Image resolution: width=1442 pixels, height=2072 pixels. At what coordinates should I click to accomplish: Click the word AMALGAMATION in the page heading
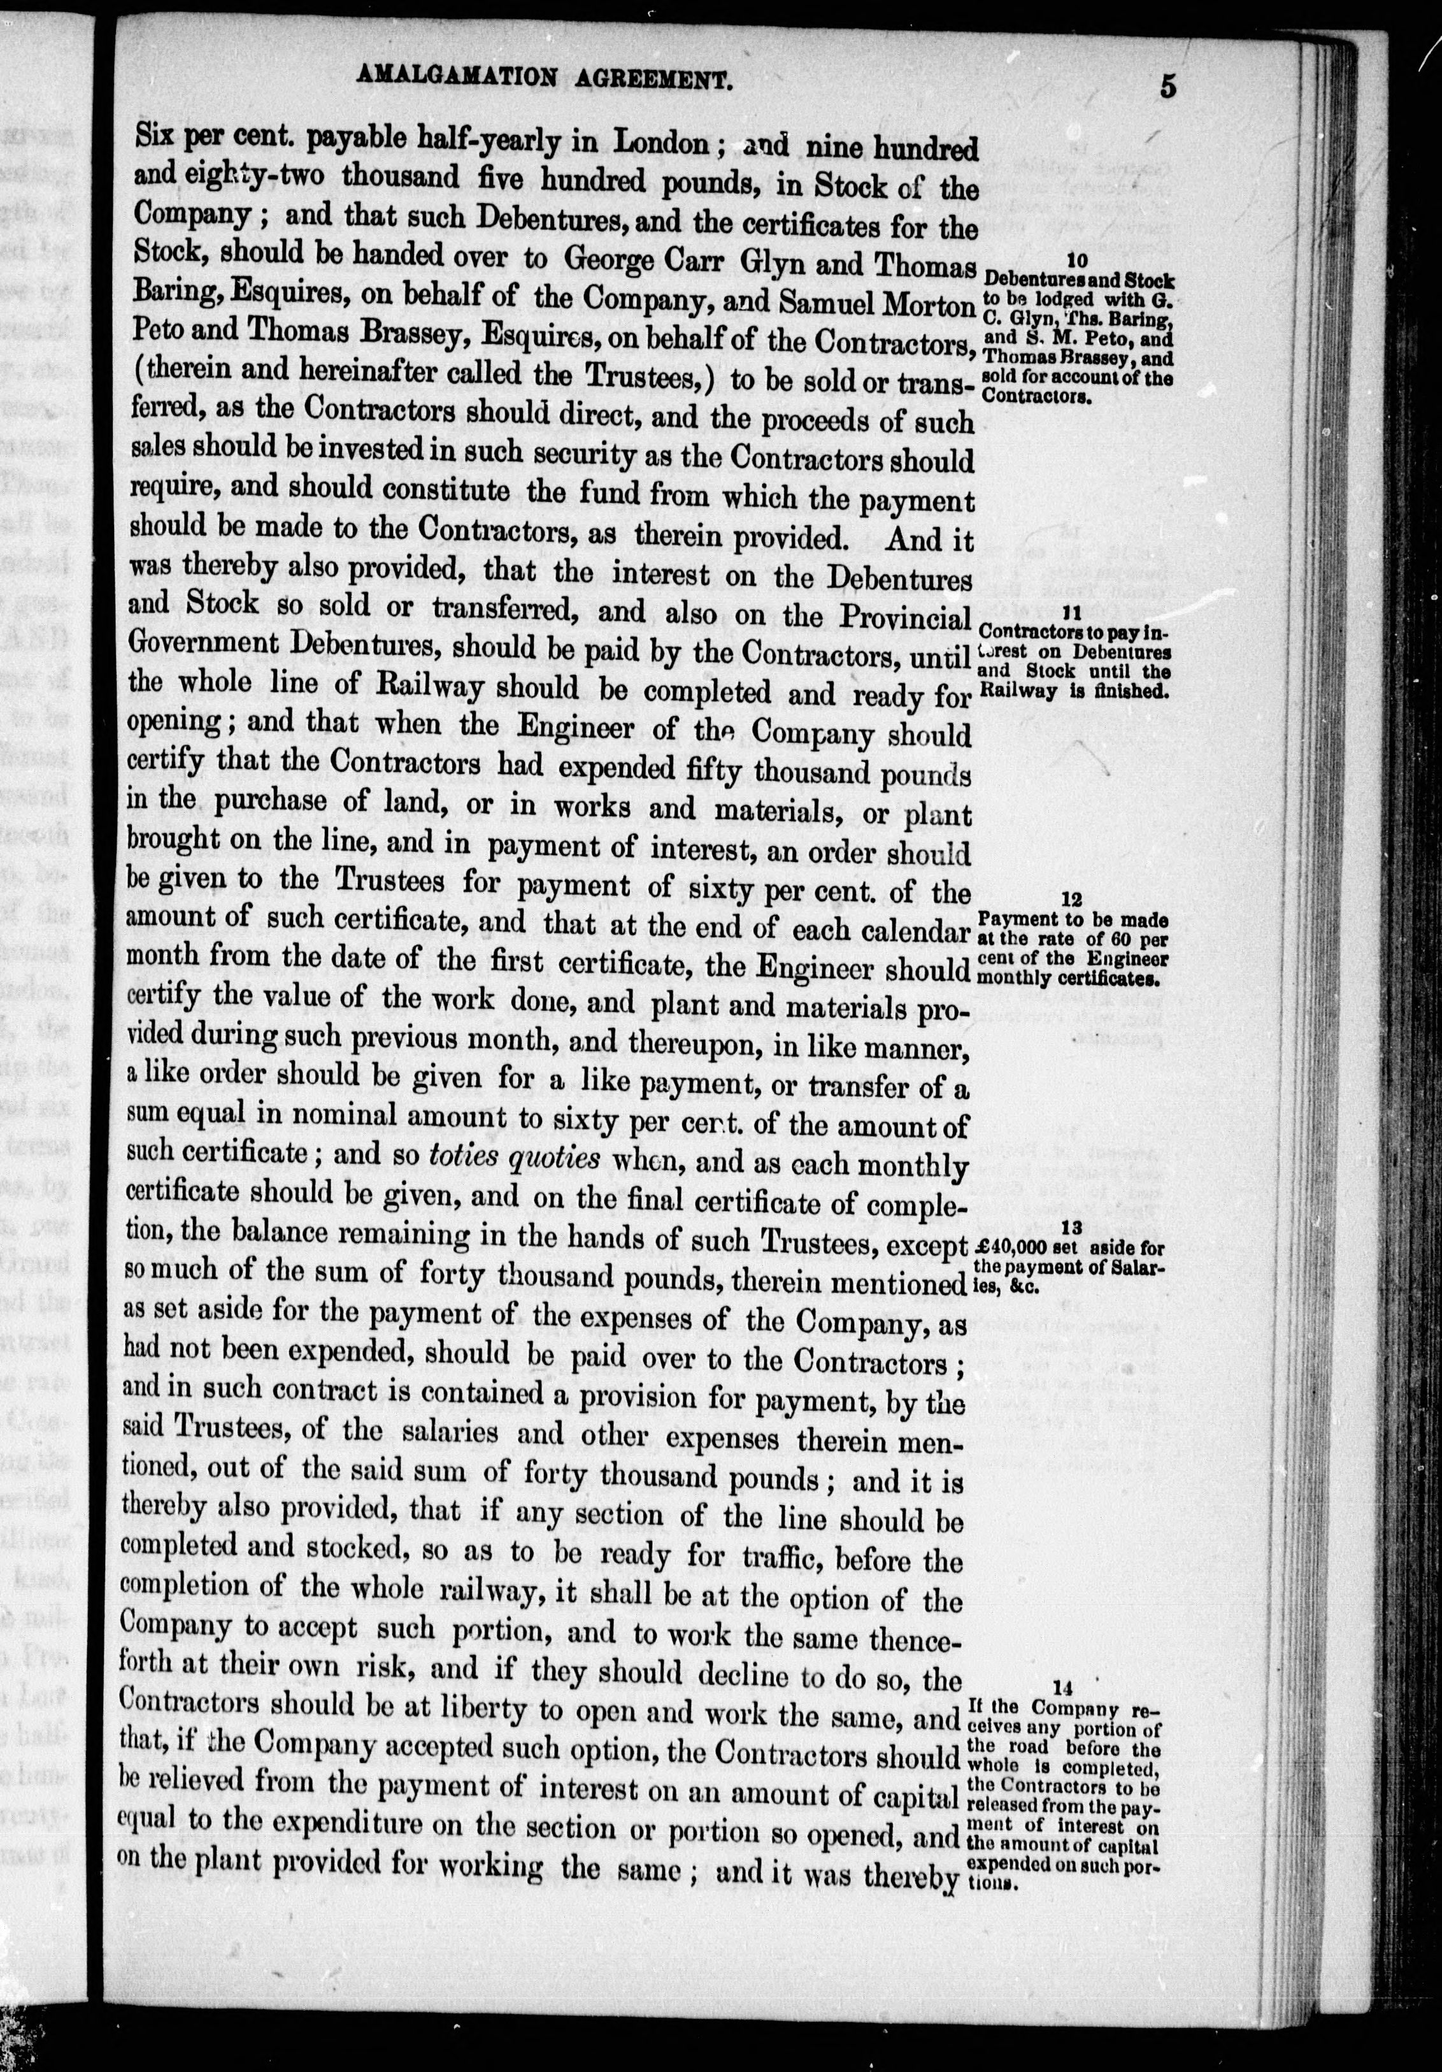coord(457,78)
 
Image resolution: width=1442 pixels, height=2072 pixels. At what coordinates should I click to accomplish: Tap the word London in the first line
coord(660,141)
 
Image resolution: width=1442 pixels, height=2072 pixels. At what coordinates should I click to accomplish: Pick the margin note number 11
coord(1072,613)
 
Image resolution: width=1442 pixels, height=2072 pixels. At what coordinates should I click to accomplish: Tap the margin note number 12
coord(1072,900)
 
